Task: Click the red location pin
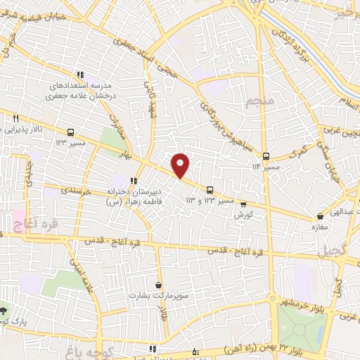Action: pyautogui.click(x=181, y=165)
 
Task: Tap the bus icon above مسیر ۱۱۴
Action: pyautogui.click(x=266, y=156)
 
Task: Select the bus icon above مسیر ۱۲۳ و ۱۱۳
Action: pyautogui.click(x=210, y=189)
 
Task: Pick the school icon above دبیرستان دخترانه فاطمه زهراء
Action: pyautogui.click(x=133, y=181)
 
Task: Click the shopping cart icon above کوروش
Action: pyautogui.click(x=243, y=203)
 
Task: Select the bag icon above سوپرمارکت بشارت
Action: pyautogui.click(x=158, y=285)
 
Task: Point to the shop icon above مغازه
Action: pyautogui.click(x=320, y=217)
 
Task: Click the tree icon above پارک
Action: pyautogui.click(x=4, y=310)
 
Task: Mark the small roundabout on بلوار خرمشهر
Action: pyautogui.click(x=275, y=300)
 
